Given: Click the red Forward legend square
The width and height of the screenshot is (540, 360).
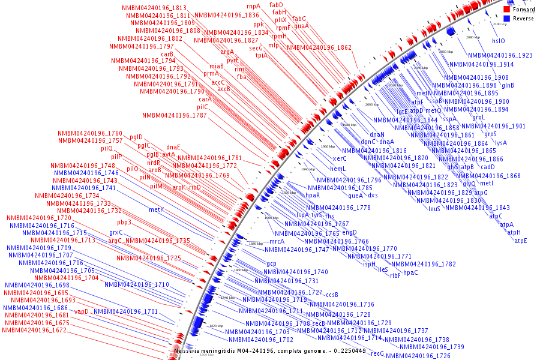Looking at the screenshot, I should pos(506,10).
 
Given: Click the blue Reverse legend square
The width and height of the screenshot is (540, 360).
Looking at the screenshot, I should pos(506,19).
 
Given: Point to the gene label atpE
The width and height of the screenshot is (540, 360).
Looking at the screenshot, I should pos(520,241).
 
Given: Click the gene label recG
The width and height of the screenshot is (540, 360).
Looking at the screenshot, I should pos(377,353).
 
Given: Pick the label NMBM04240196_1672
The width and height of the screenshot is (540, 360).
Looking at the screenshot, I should pos(34,331).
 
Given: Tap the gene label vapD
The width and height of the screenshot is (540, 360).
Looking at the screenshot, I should pos(82,311).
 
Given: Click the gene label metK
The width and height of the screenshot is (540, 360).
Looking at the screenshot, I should pos(156,210).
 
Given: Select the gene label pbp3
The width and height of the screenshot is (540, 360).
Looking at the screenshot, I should pos(124,223).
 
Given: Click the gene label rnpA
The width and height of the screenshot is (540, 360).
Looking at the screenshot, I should pos(254,6).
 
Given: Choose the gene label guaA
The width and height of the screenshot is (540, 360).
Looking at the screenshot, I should pos(302,26).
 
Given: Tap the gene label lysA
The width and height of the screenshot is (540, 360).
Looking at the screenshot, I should pos(500,143).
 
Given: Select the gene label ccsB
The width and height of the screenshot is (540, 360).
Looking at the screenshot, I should pos(332,295).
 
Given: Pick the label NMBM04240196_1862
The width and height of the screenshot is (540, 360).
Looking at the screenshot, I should pos(319,47).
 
